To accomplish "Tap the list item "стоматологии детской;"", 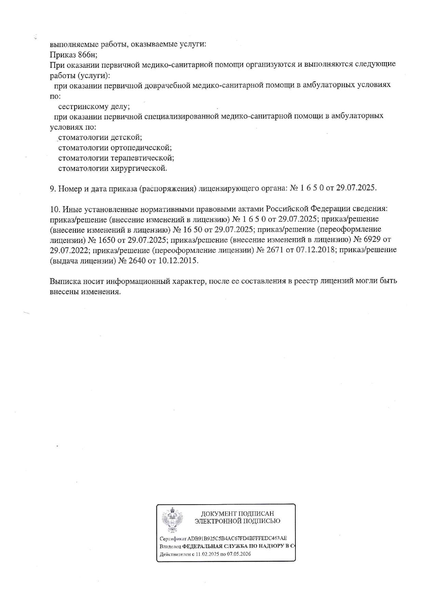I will click(100, 137).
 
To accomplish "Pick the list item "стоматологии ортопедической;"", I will click(115, 148).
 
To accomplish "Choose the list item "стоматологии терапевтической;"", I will click(116, 158).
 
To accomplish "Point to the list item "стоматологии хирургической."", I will click(112, 168).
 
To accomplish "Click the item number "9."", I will click(53, 188).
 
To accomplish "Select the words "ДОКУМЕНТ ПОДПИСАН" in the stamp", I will click(237, 514).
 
